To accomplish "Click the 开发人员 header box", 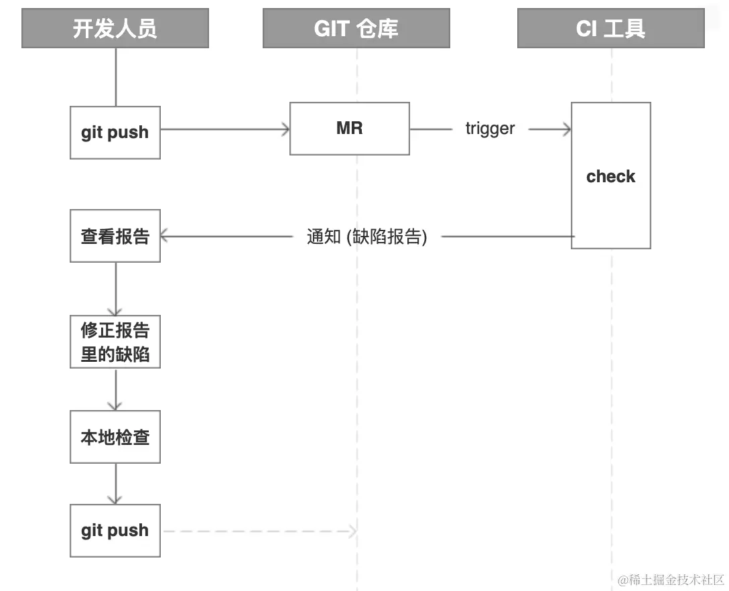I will pyautogui.click(x=115, y=28).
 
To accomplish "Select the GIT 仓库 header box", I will pyautogui.click(x=356, y=28).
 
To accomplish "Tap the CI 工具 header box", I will pyautogui.click(x=610, y=28).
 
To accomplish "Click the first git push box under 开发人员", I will pyautogui.click(x=115, y=132).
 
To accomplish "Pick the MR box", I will pyautogui.click(x=349, y=129).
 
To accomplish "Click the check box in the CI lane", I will pyautogui.click(x=610, y=176).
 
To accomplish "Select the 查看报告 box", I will pyautogui.click(x=115, y=236).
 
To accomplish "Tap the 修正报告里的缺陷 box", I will pyautogui.click(x=115, y=342).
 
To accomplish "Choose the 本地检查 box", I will pyautogui.click(x=115, y=437).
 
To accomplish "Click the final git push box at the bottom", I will pyautogui.click(x=115, y=531).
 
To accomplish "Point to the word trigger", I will pyautogui.click(x=490, y=129).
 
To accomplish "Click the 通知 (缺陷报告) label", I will pyautogui.click(x=367, y=237).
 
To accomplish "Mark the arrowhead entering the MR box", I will pyautogui.click(x=285, y=129).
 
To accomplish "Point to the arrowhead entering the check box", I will pyautogui.click(x=567, y=129).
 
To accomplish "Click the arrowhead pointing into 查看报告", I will pyautogui.click(x=164, y=236).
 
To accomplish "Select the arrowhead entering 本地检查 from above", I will pyautogui.click(x=115, y=405).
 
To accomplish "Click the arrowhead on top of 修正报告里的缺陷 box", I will pyautogui.click(x=115, y=311).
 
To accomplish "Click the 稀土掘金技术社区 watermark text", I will pyautogui.click(x=671, y=579).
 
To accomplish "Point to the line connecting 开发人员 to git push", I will pyautogui.click(x=116, y=77).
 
